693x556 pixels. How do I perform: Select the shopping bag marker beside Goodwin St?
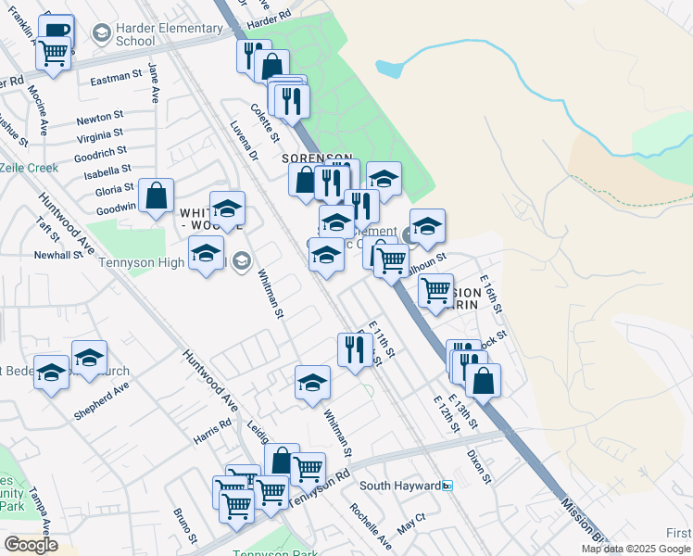pyautogui.click(x=157, y=196)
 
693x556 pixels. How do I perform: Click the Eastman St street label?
pyautogui.click(x=116, y=81)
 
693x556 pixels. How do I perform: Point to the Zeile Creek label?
pyautogui.click(x=29, y=168)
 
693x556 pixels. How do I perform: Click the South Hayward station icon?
pyautogui.click(x=447, y=486)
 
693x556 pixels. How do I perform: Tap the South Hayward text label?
pyautogui.click(x=399, y=486)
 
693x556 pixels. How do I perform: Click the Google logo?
pyautogui.click(x=31, y=545)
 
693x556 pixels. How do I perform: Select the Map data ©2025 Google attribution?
pyautogui.click(x=636, y=549)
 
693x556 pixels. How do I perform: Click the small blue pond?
pyautogui.click(x=390, y=68)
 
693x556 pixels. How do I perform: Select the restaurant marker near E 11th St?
pyautogui.click(x=354, y=349)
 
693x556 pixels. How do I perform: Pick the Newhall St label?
pyautogui.click(x=59, y=254)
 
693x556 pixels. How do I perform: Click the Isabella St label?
pyautogui.click(x=107, y=171)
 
